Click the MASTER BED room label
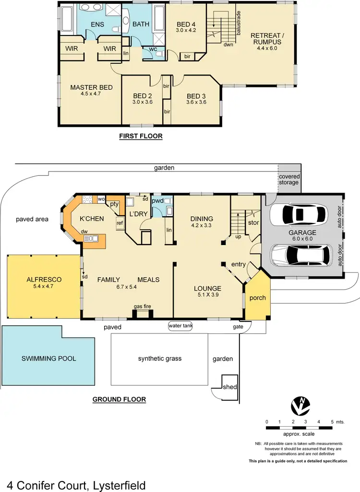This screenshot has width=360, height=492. point(91,87)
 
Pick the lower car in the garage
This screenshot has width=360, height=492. point(301,254)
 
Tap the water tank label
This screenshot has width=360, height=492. point(180,326)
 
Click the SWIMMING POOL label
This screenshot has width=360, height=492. point(48,358)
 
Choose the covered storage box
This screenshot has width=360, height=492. point(288,179)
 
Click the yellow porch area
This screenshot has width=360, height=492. point(257,298)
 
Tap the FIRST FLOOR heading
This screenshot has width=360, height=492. point(141,136)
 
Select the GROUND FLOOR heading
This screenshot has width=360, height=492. point(119,399)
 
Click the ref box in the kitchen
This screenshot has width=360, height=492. point(120,223)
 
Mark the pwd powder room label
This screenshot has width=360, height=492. point(157,201)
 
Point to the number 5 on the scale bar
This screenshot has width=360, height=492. point(332,421)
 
